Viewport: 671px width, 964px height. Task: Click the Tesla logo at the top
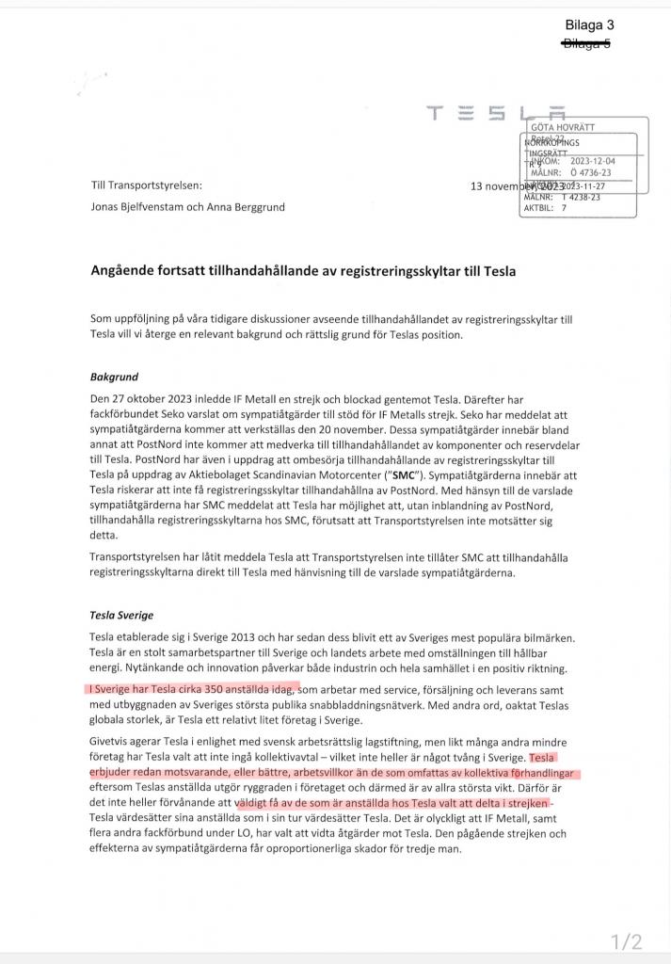tap(497, 115)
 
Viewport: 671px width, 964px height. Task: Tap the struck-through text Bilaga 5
tap(586, 42)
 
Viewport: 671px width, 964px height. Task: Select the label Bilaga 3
tap(587, 25)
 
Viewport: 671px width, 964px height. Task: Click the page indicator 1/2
tap(626, 941)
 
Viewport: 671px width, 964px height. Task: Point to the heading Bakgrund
tap(115, 377)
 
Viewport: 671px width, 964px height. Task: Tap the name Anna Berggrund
tap(246, 207)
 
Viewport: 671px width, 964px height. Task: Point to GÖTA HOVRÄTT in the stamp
tap(564, 127)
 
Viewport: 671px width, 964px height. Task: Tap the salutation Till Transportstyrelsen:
tap(146, 186)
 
